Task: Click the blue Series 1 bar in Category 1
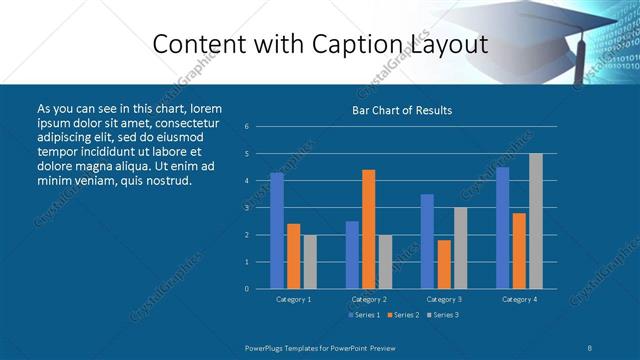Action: tap(277, 231)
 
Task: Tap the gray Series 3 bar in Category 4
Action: tap(536, 221)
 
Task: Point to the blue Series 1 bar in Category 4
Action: tap(503, 228)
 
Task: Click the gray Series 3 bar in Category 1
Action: tap(310, 262)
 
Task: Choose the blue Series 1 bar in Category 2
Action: tap(352, 255)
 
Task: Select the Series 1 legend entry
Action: tap(364, 316)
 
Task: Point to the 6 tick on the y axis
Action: tap(247, 127)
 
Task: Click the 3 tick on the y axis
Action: tap(247, 208)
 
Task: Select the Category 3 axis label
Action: tap(444, 299)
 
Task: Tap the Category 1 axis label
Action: tap(293, 299)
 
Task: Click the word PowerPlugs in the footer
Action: tap(269, 347)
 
